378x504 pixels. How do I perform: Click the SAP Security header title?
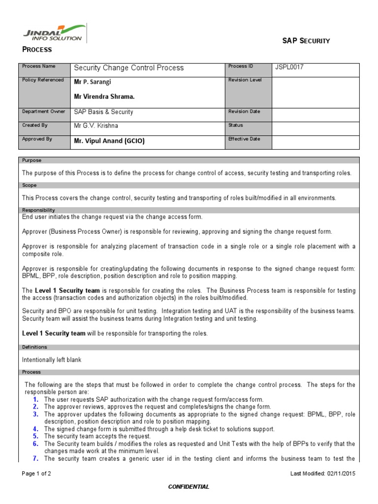pyautogui.click(x=306, y=41)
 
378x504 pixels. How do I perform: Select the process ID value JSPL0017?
pyautogui.click(x=290, y=67)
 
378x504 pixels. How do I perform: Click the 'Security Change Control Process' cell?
pyautogui.click(x=128, y=68)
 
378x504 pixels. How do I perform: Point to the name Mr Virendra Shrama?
pyautogui.click(x=104, y=97)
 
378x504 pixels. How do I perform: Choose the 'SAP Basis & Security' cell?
pyautogui.click(x=103, y=112)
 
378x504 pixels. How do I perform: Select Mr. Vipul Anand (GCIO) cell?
pyautogui.click(x=109, y=141)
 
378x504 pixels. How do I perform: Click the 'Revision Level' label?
pyautogui.click(x=245, y=80)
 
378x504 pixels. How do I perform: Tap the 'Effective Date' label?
pyautogui.click(x=244, y=139)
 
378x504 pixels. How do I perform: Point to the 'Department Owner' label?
pyautogui.click(x=43, y=112)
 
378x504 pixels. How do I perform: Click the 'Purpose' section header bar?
pyautogui.click(x=189, y=160)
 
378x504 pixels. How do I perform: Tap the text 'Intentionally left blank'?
pyautogui.click(x=52, y=360)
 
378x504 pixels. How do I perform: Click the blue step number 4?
pyautogui.click(x=35, y=429)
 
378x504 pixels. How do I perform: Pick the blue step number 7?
pyautogui.click(x=35, y=458)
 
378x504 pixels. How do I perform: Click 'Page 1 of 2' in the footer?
pyautogui.click(x=36, y=474)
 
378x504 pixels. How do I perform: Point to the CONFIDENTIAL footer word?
pyautogui.click(x=189, y=487)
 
